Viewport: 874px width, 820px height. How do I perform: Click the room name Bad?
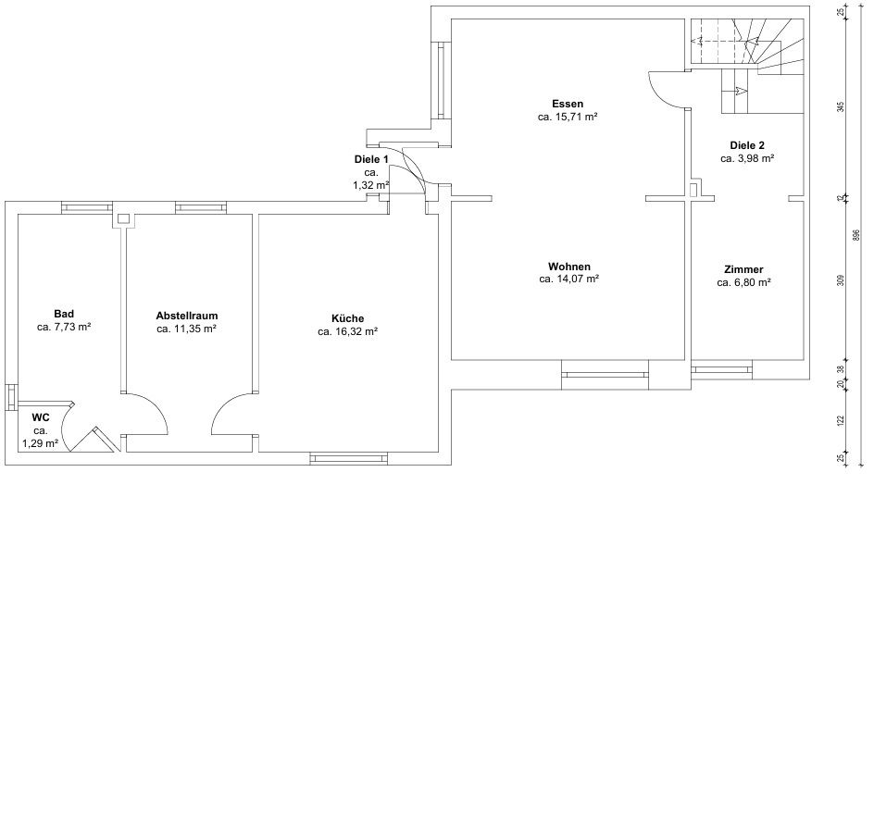64,314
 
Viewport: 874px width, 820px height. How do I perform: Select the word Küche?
348,318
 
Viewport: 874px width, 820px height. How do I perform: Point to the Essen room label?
568,104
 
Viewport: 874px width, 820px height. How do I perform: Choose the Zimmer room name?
743,269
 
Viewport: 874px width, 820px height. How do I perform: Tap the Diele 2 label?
747,145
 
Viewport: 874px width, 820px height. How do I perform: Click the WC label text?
41,417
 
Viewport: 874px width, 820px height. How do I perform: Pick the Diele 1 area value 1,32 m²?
370,185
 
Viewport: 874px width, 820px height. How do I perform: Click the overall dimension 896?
856,235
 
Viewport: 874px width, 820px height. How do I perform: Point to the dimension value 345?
841,106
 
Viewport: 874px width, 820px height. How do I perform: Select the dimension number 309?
841,280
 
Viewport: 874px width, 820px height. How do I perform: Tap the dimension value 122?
841,420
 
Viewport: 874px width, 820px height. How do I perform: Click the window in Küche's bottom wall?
348,458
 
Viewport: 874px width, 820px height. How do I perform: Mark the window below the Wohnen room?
605,374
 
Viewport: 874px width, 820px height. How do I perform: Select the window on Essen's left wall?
441,81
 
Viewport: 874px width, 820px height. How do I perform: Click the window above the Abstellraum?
201,208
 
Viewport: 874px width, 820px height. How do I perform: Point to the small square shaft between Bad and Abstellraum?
124,219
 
